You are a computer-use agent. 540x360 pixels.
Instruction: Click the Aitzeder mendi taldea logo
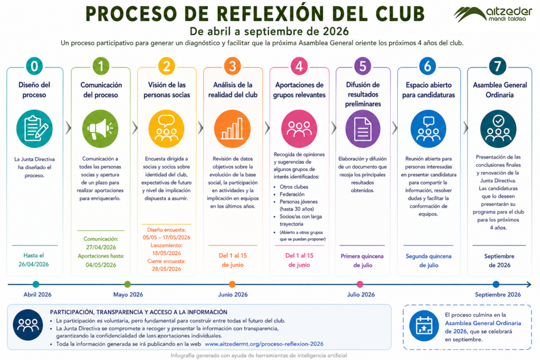(x=493, y=14)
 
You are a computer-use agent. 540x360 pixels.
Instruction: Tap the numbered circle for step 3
(x=233, y=66)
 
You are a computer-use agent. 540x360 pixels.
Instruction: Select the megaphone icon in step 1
(x=100, y=129)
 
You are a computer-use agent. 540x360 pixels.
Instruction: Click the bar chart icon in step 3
(x=233, y=129)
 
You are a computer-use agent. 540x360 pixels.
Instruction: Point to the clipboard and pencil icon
(x=34, y=129)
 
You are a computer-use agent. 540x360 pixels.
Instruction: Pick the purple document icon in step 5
(x=363, y=129)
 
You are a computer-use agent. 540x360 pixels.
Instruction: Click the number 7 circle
(x=498, y=66)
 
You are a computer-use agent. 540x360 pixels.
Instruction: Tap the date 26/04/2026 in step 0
(x=34, y=264)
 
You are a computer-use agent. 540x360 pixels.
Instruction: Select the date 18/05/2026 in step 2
(x=166, y=253)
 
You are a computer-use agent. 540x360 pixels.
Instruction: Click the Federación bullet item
(x=292, y=194)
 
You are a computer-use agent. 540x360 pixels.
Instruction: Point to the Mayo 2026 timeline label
(x=128, y=295)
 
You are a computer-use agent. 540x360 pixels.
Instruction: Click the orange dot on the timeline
(x=232, y=284)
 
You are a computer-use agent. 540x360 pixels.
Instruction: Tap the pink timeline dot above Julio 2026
(x=360, y=284)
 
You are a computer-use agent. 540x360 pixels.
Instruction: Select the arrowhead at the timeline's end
(x=529, y=284)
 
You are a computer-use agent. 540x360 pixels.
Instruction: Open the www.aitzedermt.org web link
(x=264, y=344)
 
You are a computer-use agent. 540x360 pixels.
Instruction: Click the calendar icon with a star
(x=424, y=326)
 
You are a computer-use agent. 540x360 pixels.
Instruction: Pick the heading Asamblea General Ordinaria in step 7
(x=500, y=90)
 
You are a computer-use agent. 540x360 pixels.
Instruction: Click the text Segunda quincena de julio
(x=428, y=260)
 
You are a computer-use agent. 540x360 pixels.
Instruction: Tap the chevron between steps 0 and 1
(x=68, y=128)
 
